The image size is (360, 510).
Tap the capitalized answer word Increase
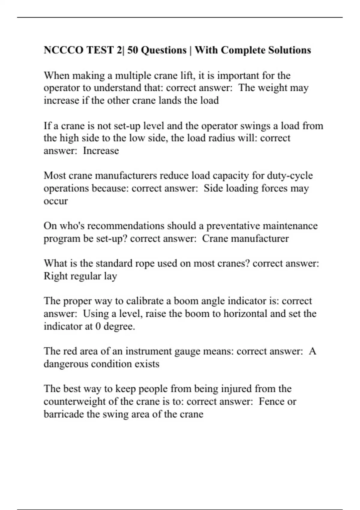click(x=101, y=151)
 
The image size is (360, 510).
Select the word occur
click(x=56, y=201)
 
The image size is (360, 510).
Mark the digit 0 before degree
click(x=98, y=326)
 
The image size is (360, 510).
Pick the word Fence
click(x=271, y=401)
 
